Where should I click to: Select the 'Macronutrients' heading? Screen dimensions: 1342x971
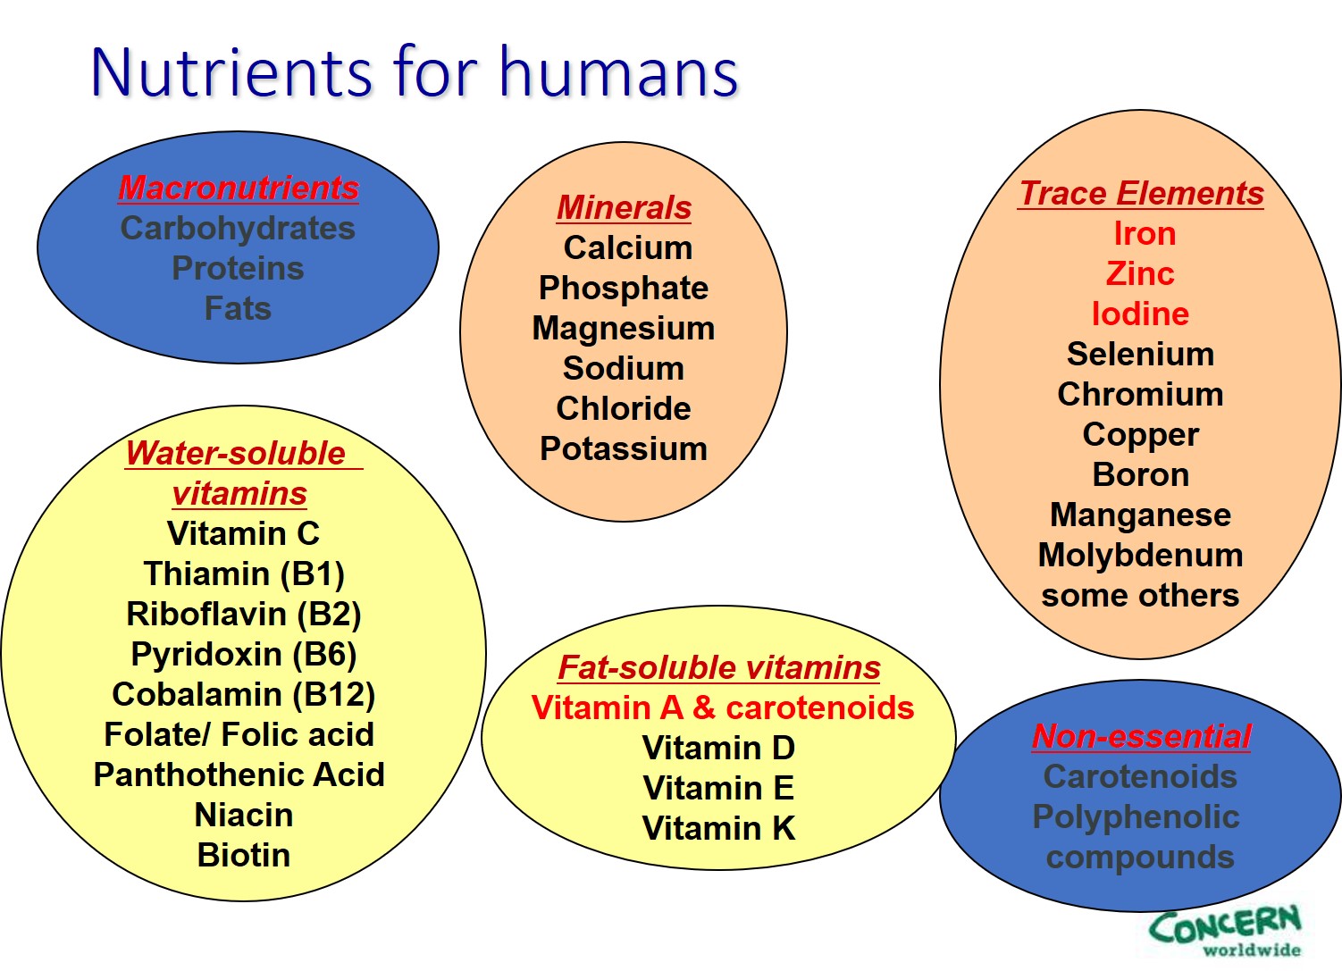click(x=239, y=188)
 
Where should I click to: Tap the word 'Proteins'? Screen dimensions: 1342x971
click(x=238, y=268)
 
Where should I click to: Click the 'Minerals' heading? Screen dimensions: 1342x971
click(x=624, y=208)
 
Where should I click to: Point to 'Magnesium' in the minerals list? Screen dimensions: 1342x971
click(x=624, y=329)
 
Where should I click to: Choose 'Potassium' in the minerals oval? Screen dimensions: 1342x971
click(x=624, y=448)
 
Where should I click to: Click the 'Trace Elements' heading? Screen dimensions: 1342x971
click(x=1141, y=194)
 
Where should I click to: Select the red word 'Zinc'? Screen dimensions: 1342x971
click(x=1140, y=273)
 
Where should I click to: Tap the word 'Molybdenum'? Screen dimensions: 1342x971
click(x=1141, y=556)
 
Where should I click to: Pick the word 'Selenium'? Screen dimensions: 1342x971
click(x=1141, y=354)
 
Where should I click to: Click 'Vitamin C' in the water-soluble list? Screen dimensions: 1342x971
click(x=243, y=533)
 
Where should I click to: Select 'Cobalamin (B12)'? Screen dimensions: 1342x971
click(x=243, y=695)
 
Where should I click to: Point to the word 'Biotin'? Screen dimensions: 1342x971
click(x=243, y=855)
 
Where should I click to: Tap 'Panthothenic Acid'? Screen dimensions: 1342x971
click(x=239, y=774)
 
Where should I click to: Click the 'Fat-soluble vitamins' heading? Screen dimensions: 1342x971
click(x=719, y=667)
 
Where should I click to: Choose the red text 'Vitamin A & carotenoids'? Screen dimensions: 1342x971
click(x=723, y=708)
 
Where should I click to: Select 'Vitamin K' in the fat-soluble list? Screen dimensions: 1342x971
click(x=719, y=828)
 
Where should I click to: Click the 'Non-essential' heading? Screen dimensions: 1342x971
click(x=1141, y=736)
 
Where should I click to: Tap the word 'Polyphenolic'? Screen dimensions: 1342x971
click(x=1136, y=817)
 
